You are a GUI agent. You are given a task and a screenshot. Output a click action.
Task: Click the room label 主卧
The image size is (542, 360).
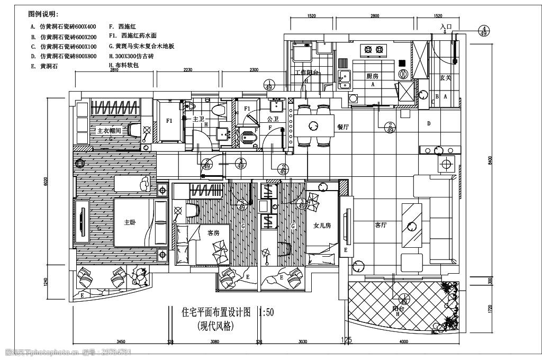pos(130,222)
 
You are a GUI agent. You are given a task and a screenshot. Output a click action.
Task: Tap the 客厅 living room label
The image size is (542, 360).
pos(381,225)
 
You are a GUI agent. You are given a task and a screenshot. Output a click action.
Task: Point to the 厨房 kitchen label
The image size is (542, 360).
pos(373,76)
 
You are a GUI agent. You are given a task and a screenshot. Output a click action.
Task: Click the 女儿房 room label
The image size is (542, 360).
pos(322,226)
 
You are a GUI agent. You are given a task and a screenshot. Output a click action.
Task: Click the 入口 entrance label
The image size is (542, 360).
pos(446,26)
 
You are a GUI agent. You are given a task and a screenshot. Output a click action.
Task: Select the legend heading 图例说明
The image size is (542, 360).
pos(43,13)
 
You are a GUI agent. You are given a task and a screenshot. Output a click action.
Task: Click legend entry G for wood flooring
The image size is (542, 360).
pos(141,46)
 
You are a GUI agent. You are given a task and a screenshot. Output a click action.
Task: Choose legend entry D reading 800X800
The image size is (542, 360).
pos(64,56)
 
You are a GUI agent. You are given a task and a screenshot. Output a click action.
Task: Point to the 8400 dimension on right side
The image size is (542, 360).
pos(490,159)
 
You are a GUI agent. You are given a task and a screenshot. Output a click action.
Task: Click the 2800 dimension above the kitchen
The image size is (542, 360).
pos(374,16)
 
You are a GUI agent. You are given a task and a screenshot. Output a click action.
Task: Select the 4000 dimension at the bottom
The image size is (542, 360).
pos(403,342)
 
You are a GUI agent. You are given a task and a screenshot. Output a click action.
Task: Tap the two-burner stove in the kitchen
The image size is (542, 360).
pos(372,50)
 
